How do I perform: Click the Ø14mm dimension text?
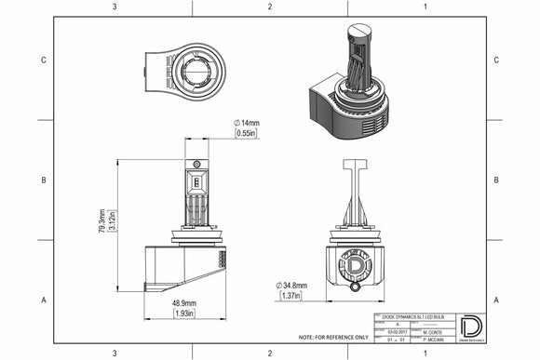coord(247,123)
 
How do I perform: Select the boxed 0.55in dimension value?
coord(246,134)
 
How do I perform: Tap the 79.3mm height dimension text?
coord(101,221)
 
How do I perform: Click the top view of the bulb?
coord(185,67)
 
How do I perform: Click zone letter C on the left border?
coord(44,60)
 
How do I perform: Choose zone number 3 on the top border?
coord(114,7)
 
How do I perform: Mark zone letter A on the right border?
coord(496,300)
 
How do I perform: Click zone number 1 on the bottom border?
coord(425,353)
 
